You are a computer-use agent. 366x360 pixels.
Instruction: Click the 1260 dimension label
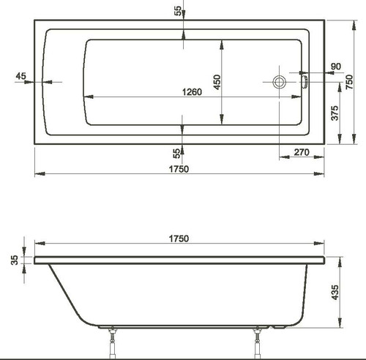pyautogui.click(x=192, y=92)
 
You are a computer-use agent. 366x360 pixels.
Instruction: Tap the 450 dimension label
pyautogui.click(x=217, y=82)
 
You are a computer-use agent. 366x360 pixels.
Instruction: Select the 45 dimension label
pyautogui.click(x=20, y=76)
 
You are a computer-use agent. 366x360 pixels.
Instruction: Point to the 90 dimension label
pyautogui.click(x=336, y=67)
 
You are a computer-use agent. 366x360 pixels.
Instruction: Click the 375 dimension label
pyautogui.click(x=335, y=113)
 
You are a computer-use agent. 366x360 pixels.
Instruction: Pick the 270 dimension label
pyautogui.click(x=302, y=152)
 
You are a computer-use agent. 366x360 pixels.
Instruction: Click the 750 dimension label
pyautogui.click(x=349, y=82)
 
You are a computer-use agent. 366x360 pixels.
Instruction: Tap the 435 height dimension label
pyautogui.click(x=335, y=292)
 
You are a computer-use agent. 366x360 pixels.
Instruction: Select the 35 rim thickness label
pyautogui.click(x=15, y=260)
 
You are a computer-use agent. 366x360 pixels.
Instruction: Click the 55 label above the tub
pyautogui.click(x=178, y=11)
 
